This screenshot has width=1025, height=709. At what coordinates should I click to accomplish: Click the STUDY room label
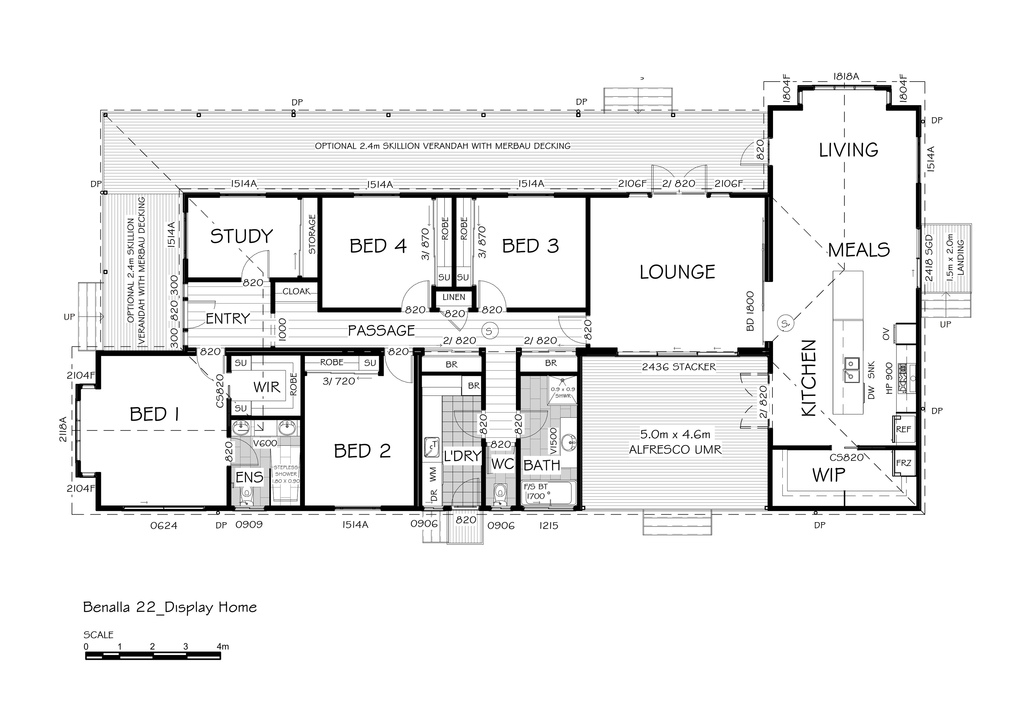tap(241, 236)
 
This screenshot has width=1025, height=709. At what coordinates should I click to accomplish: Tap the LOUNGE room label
tap(677, 272)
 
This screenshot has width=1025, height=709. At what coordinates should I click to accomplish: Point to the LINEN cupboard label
tap(454, 297)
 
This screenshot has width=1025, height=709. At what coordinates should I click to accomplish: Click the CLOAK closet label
tap(296, 291)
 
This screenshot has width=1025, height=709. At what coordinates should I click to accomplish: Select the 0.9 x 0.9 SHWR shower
tap(563, 391)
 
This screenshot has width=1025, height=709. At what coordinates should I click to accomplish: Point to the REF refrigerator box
tap(903, 430)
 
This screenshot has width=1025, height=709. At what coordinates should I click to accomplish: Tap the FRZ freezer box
tap(903, 463)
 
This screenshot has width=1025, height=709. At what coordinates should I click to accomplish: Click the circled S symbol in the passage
tap(489, 331)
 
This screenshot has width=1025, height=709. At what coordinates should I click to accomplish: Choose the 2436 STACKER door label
tap(678, 366)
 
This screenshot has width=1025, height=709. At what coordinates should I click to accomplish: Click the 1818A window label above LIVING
tap(846, 76)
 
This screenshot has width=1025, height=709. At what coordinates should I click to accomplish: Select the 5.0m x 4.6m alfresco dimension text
tap(675, 434)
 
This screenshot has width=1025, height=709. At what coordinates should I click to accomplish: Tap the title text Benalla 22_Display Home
tap(170, 607)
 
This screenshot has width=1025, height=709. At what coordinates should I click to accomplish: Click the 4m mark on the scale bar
tap(223, 646)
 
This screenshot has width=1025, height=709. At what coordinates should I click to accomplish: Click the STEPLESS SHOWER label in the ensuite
tap(286, 474)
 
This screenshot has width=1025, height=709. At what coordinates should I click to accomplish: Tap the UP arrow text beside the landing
tap(945, 324)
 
